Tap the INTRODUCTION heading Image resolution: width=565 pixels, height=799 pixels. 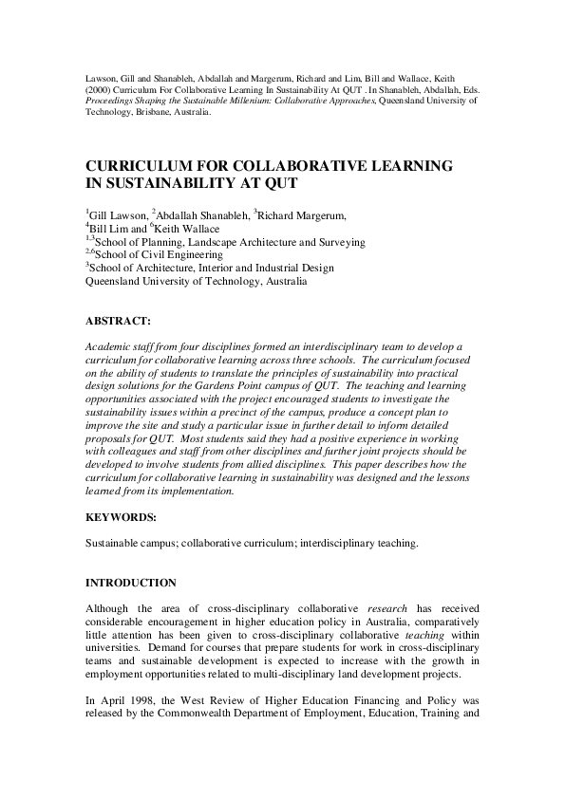point(131,581)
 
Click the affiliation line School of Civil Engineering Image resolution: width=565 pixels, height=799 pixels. point(160,254)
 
